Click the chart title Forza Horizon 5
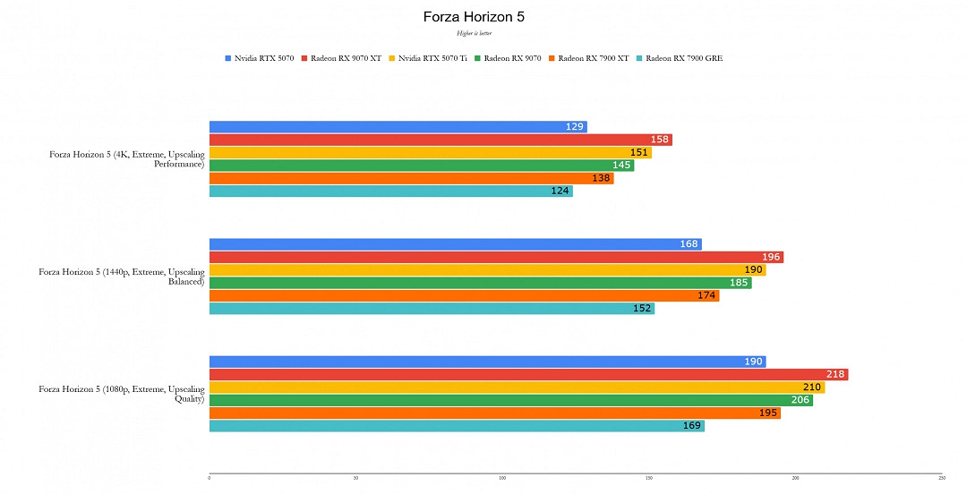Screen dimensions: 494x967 (x=483, y=17)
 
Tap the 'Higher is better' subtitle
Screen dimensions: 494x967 (x=475, y=33)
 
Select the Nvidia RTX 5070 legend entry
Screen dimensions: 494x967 (x=260, y=58)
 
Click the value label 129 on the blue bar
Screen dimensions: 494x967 (x=575, y=127)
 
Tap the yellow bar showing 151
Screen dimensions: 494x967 (x=430, y=152)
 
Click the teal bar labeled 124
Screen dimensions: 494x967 (x=390, y=191)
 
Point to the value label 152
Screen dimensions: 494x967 (x=643, y=309)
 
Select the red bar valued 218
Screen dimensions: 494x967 (x=528, y=374)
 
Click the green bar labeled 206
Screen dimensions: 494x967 (x=510, y=400)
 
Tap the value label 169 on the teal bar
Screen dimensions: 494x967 (x=692, y=426)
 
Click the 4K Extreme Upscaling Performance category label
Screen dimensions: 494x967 (x=127, y=159)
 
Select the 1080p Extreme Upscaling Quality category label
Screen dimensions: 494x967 (x=122, y=394)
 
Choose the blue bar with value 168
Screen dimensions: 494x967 (x=455, y=244)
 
